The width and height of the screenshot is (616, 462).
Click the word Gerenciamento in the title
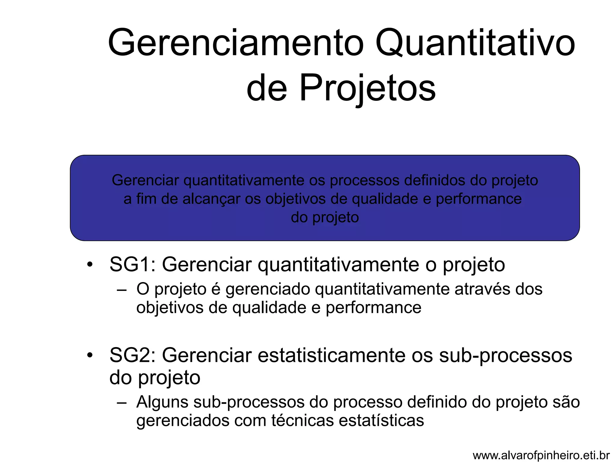pyautogui.click(x=236, y=43)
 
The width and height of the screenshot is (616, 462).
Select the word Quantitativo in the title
pyautogui.click(x=475, y=43)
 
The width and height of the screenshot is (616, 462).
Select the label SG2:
pyautogui.click(x=133, y=355)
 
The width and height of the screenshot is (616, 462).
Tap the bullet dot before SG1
pyautogui.click(x=89, y=265)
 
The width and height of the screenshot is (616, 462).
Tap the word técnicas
pyautogui.click(x=302, y=420)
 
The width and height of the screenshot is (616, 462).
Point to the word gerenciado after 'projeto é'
pyautogui.click(x=268, y=290)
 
